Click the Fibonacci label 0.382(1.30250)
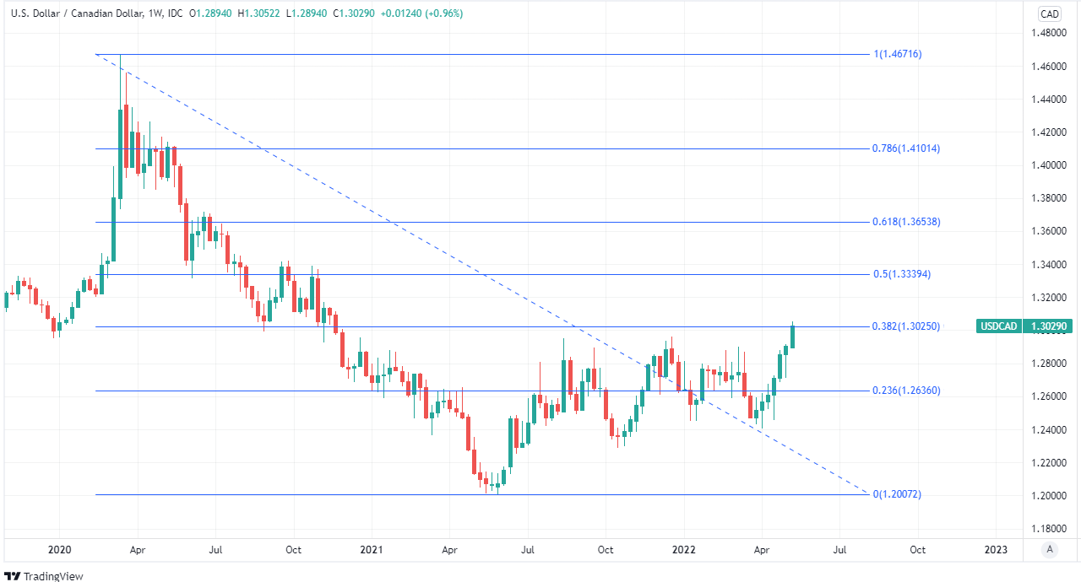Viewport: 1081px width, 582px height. [905, 326]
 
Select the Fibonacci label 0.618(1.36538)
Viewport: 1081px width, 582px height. [906, 222]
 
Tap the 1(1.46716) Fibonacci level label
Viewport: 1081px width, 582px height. [898, 54]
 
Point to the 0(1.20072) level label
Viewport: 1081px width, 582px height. [897, 494]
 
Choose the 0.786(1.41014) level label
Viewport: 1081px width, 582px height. [906, 148]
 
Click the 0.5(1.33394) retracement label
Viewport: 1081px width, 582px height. [901, 274]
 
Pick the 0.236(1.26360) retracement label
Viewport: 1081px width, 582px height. [906, 391]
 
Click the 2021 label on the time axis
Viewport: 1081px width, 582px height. [371, 550]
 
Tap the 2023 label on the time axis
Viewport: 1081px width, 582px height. [996, 550]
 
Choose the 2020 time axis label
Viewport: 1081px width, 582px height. [59, 550]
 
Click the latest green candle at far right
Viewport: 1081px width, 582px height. [792, 336]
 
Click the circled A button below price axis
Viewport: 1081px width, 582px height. [1050, 550]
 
